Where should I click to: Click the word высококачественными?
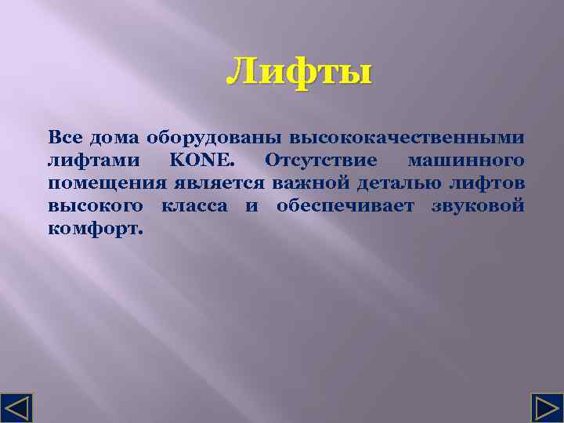point(407,138)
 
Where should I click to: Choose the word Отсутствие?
point(321,161)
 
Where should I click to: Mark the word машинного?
point(466,161)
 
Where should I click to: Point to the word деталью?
point(405,184)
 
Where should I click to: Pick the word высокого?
point(96,207)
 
